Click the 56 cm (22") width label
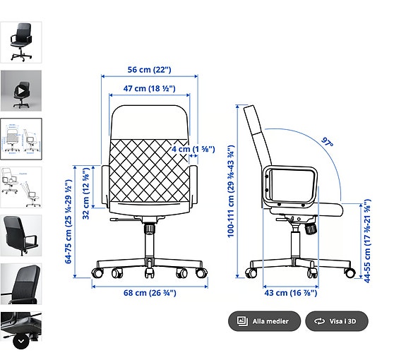coord(149,70)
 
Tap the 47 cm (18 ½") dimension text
coord(150,89)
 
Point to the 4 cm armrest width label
coord(193,149)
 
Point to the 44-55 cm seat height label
coord(367,241)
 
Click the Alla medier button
coord(264,321)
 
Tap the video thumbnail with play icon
coord(21,90)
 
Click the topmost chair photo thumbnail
coord(21,42)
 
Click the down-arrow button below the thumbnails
coord(21,340)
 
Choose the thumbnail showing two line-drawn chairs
coord(21,186)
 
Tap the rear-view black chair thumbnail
coord(21,235)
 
